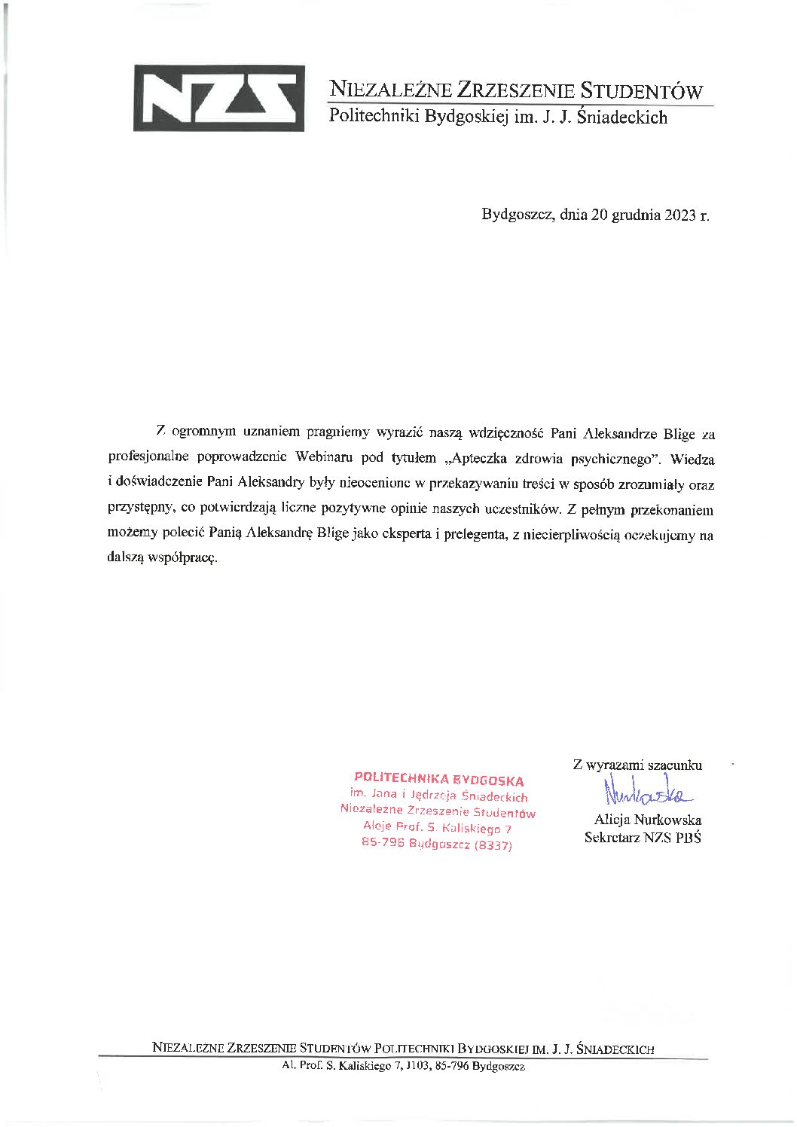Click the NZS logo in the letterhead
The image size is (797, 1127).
[218, 98]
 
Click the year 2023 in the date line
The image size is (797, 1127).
[680, 215]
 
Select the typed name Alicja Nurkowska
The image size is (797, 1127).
[647, 820]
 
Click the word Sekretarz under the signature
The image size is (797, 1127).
[612, 837]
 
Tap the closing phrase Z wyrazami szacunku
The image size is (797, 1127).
[637, 765]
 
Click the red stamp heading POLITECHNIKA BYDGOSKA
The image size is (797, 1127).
[438, 780]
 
